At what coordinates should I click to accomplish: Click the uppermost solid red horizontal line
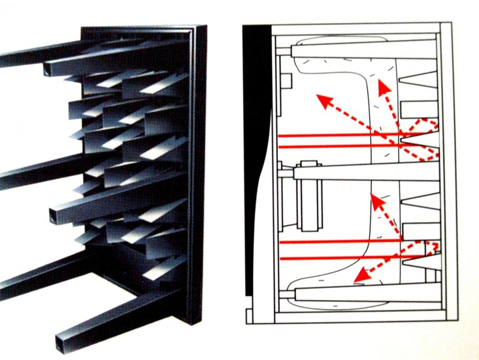click(x=339, y=136)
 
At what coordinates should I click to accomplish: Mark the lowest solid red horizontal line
click(x=339, y=258)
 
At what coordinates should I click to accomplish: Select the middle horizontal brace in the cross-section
click(x=365, y=172)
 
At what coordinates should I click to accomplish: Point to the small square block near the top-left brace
click(x=285, y=82)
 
